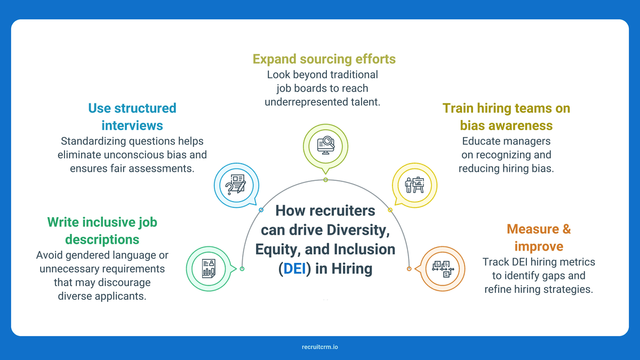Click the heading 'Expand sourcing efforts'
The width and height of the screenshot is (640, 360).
[324, 59]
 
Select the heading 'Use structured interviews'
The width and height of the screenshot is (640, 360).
[132, 116]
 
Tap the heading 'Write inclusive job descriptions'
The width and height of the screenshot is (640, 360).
[102, 230]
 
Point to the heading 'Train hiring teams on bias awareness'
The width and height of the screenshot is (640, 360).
[506, 116]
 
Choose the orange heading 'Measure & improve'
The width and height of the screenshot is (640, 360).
[539, 238]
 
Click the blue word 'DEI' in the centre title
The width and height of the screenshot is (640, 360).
[295, 268]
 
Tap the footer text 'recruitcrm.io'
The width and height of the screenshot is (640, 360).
[319, 347]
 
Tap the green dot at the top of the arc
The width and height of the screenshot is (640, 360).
[325, 180]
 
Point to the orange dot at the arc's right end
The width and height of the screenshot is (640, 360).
[410, 268]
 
